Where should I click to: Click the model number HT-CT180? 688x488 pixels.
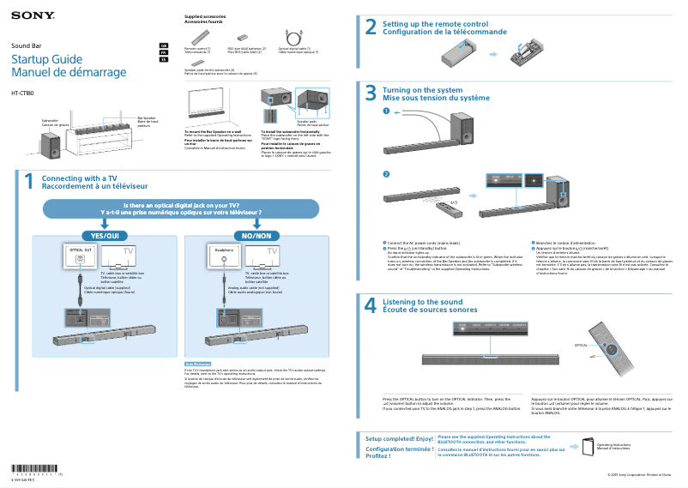[23, 93]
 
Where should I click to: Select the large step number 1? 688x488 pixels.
[28, 182]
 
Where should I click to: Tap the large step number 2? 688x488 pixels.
[371, 27]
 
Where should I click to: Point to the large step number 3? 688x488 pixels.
[371, 93]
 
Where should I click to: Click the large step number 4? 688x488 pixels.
[371, 305]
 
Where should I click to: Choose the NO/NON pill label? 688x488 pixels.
[256, 235]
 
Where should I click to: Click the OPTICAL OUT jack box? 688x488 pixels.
[81, 250]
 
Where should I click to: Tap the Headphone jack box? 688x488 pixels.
[225, 250]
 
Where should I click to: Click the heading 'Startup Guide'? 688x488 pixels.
[46, 59]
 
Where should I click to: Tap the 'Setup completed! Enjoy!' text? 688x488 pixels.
[399, 438]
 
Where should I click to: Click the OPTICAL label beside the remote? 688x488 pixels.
[581, 345]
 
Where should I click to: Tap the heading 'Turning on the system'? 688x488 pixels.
[422, 89]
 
